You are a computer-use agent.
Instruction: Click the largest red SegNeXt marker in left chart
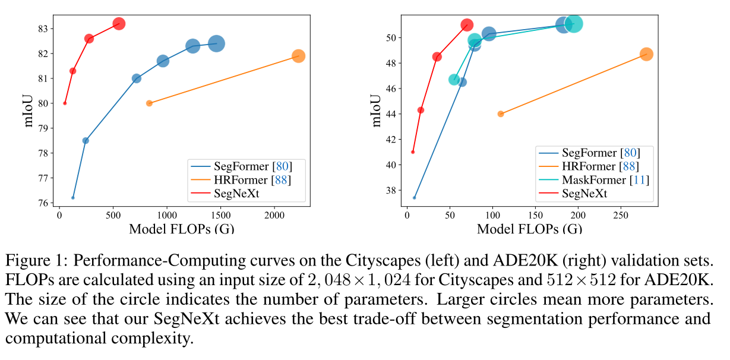click(119, 24)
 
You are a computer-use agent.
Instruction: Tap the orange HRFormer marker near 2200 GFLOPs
click(298, 56)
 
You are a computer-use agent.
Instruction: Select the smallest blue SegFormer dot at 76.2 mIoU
click(73, 197)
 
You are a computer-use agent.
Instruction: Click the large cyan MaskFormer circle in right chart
click(573, 24)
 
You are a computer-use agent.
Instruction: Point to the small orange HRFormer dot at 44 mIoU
click(501, 114)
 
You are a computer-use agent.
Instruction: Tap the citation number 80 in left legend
click(279, 166)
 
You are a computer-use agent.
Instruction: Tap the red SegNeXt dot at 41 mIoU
click(413, 152)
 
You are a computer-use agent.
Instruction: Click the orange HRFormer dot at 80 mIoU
click(149, 103)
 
